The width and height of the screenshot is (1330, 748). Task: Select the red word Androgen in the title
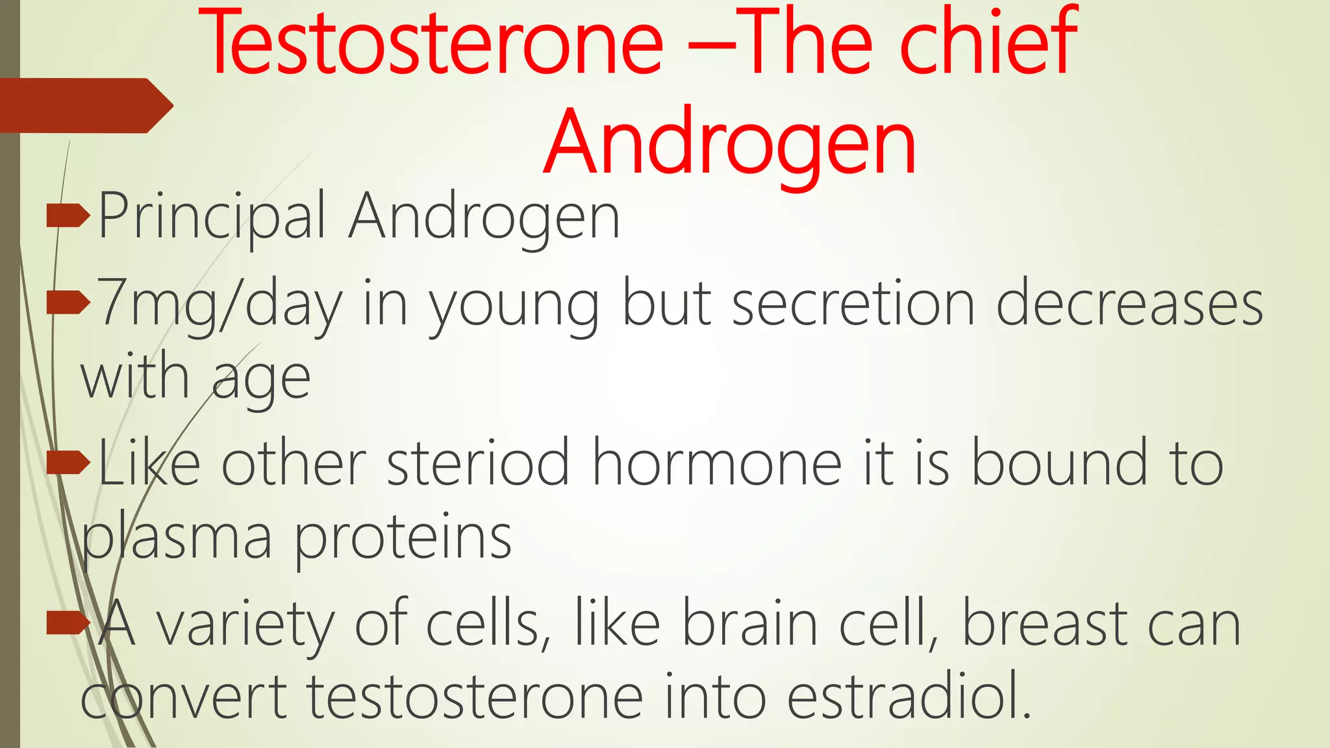730,143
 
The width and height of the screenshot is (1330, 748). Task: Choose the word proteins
403,539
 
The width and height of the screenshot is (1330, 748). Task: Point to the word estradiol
909,697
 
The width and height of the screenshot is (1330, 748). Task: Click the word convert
184,699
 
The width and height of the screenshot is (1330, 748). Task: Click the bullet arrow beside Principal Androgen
68,216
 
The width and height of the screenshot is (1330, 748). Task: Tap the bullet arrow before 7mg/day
68,302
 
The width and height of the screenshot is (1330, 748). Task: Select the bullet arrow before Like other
68,462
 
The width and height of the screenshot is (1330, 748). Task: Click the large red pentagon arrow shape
84,106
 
